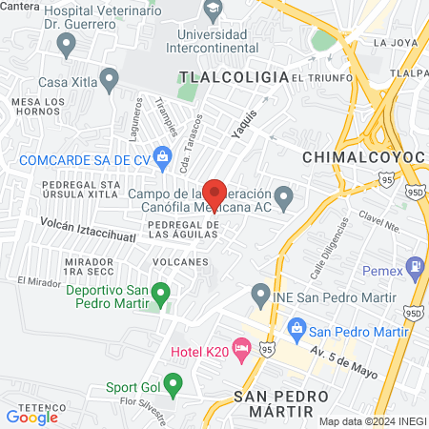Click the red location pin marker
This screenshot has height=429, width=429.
pos(214,194)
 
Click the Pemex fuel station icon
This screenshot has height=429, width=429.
pos(415,264)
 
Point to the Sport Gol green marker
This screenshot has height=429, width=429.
pos(172,385)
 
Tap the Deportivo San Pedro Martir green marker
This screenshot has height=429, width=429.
pos(161,291)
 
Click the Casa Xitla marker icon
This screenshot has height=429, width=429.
pos(109,78)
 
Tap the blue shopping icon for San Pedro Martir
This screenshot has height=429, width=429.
pos(296,331)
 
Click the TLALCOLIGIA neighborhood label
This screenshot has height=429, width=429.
pos(234,76)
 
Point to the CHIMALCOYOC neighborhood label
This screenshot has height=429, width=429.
pos(355,155)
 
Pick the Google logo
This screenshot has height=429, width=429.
pos(31,416)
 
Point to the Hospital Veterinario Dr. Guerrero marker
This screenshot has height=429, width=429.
pos(66,42)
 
